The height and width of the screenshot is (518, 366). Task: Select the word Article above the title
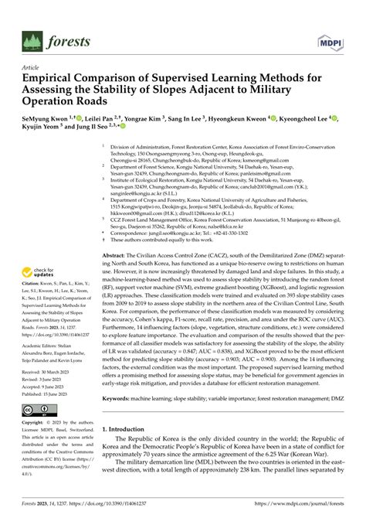click(x=32, y=67)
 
